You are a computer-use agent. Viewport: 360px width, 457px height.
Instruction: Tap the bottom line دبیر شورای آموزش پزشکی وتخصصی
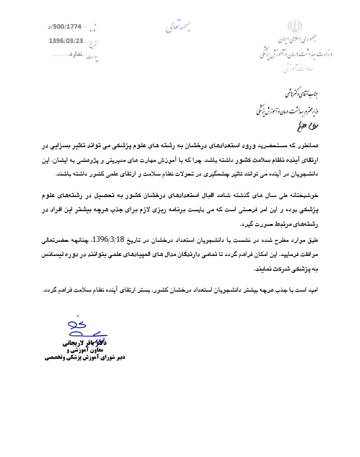pyautogui.click(x=84, y=358)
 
